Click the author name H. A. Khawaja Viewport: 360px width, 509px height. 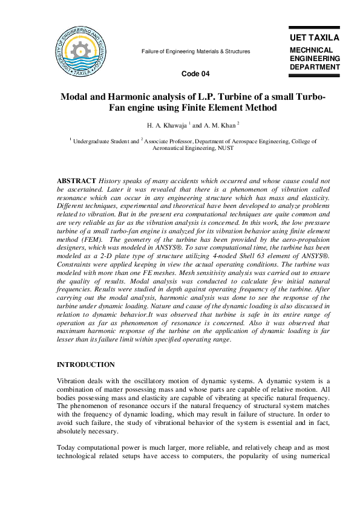[x=166, y=126]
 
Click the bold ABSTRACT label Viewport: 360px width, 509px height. [x=76, y=181]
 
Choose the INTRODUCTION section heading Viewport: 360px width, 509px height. [x=85, y=365]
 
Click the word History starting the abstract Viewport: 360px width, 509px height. [x=111, y=181]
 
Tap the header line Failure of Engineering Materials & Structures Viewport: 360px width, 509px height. [x=195, y=51]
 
